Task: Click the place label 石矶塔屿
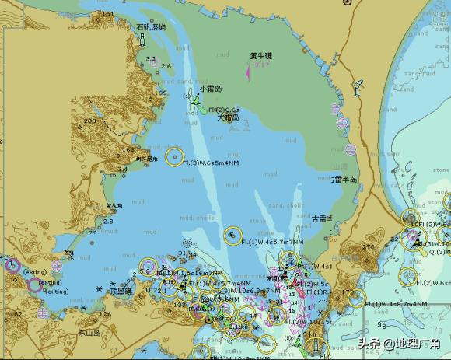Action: tap(150, 26)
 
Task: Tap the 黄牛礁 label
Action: tap(261, 56)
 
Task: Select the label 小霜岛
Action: tap(210, 89)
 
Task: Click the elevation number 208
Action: tap(90, 121)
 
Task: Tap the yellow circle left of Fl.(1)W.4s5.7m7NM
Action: tap(232, 235)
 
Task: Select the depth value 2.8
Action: tap(108, 222)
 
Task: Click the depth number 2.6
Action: tap(166, 66)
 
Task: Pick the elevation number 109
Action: tap(160, 93)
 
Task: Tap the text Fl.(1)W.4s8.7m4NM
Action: tap(397, 304)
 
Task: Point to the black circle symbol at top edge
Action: tap(347, 3)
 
